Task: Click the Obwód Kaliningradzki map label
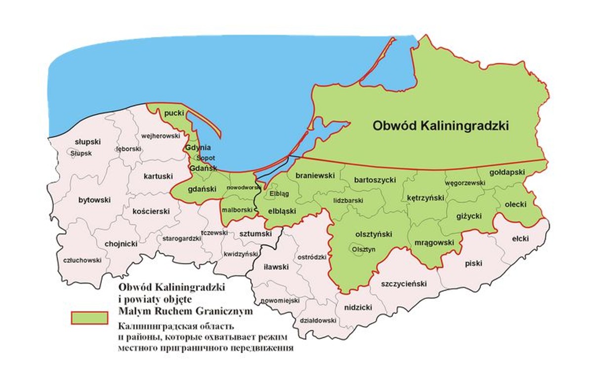[x=440, y=126]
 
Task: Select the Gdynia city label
[x=199, y=148]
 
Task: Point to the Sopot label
[x=206, y=158]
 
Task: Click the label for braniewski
[x=315, y=175]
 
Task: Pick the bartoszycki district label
[x=375, y=180]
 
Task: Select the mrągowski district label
[x=433, y=243]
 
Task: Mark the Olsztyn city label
[x=364, y=250]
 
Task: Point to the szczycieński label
[x=403, y=284]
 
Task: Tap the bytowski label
[x=94, y=200]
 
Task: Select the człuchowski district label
[x=83, y=260]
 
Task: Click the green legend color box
[x=89, y=318]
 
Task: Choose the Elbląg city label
[x=279, y=194]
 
